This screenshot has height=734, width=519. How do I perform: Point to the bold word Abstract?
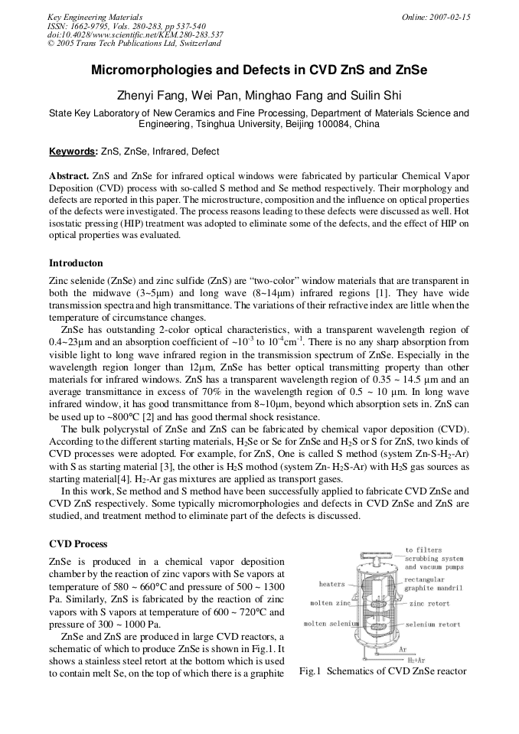[x=69, y=175]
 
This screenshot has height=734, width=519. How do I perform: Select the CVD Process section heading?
[x=78, y=543]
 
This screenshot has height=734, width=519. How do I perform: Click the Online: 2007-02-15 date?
[x=436, y=17]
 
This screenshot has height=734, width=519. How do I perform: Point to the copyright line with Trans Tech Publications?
[x=133, y=44]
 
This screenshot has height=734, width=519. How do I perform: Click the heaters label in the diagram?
[x=332, y=584]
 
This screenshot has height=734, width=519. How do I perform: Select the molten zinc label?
[x=330, y=603]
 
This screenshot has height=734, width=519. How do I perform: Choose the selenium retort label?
[x=432, y=624]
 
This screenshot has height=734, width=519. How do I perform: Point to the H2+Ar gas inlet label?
[x=417, y=657]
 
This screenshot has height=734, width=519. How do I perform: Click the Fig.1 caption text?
[x=382, y=671]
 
